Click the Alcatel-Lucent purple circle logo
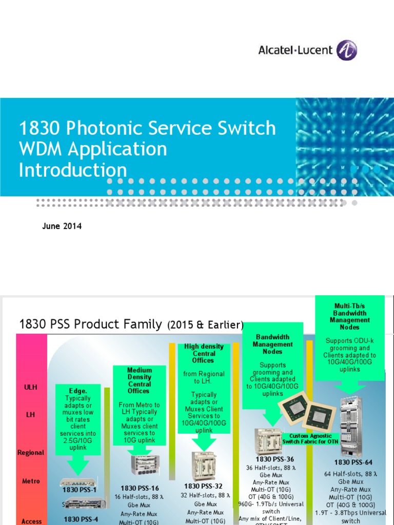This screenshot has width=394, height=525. coord(347,50)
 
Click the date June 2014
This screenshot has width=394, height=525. coord(62,226)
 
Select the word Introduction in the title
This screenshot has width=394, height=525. coord(73,170)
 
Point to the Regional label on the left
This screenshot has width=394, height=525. coord(31,453)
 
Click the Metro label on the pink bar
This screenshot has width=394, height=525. coord(31,481)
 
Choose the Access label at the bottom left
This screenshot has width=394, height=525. coord(31,521)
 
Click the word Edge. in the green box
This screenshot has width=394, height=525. coord(78,391)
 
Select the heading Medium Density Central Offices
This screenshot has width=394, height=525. coord(140,380)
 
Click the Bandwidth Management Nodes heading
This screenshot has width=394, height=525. coord(272,345)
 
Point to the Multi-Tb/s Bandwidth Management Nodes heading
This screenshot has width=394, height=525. coord(349,316)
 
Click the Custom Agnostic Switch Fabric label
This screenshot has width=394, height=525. coord(307,438)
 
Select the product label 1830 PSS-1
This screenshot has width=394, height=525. coord(80,490)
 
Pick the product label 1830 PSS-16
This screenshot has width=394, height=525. coord(140,488)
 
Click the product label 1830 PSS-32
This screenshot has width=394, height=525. coord(204,486)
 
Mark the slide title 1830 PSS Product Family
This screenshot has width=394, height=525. coord(91,325)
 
